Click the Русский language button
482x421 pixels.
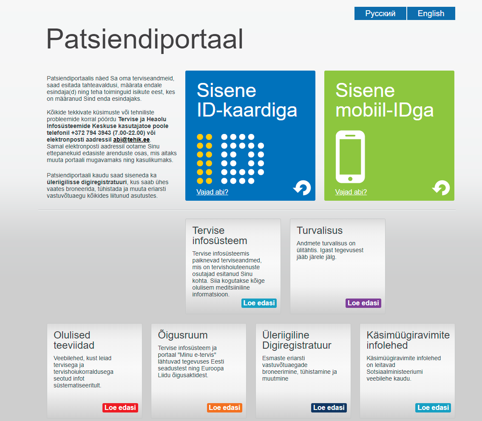point(380,14)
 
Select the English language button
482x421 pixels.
point(431,14)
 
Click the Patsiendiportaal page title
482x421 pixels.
point(145,39)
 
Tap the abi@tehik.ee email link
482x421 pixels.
point(131,139)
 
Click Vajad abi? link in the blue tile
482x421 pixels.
point(212,192)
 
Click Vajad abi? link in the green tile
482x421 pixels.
point(351,192)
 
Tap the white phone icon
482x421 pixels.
point(350,157)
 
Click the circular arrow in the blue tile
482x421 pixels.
point(303,187)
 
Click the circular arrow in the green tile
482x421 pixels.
point(442,187)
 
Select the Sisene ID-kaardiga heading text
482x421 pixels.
point(247,100)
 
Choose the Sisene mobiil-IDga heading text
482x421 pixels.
point(384,100)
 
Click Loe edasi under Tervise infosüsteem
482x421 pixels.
point(259,303)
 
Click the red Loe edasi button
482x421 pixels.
point(120,407)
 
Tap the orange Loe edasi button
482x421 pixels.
point(224,407)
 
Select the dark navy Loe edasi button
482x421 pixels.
point(329,407)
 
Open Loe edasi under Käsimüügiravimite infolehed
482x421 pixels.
point(433,407)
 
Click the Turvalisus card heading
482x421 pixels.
point(319,230)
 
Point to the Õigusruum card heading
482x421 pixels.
point(183,335)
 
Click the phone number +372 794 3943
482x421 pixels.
point(91,133)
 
